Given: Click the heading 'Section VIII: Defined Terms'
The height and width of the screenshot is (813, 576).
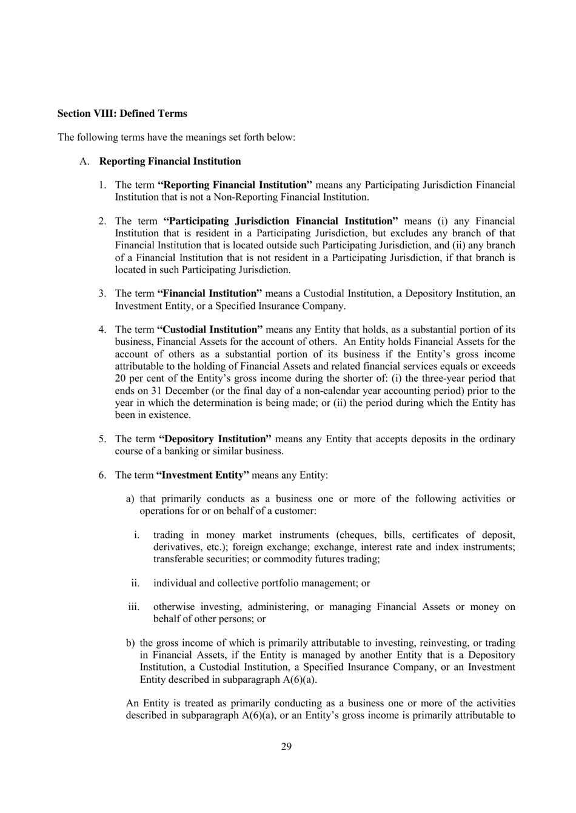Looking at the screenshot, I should [122, 113].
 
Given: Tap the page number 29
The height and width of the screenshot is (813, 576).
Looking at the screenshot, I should [286, 746].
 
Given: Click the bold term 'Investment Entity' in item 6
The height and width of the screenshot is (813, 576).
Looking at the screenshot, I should [203, 475].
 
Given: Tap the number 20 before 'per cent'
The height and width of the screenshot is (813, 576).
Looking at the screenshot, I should [121, 379].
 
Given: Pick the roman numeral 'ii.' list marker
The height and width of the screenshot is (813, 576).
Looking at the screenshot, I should [135, 583].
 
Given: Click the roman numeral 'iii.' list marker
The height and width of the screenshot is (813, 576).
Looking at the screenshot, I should [133, 607].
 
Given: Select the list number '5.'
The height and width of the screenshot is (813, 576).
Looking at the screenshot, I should [103, 439].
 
